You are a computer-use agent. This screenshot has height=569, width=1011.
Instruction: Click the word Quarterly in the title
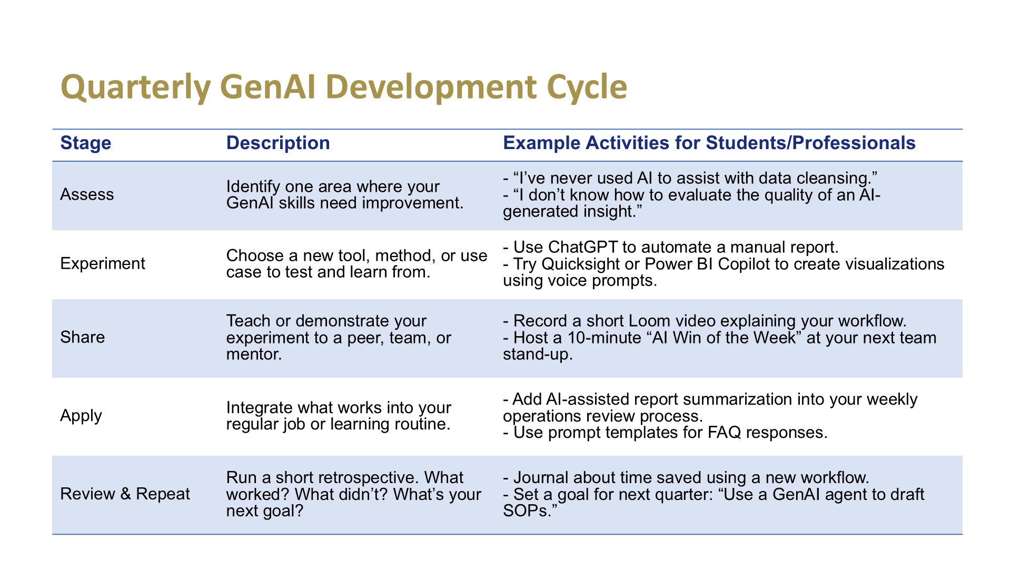point(136,88)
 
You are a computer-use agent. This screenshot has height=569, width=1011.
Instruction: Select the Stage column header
point(86,143)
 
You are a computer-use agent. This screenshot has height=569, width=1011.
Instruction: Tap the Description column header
point(278,143)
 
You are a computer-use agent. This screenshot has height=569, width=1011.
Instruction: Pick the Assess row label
point(87,194)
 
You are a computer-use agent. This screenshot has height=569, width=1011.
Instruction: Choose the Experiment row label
point(103,263)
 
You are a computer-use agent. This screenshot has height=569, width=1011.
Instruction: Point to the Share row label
point(83,337)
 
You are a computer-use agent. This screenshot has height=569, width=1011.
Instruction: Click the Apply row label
point(81,416)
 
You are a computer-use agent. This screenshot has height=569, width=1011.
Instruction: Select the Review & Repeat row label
point(125,494)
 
